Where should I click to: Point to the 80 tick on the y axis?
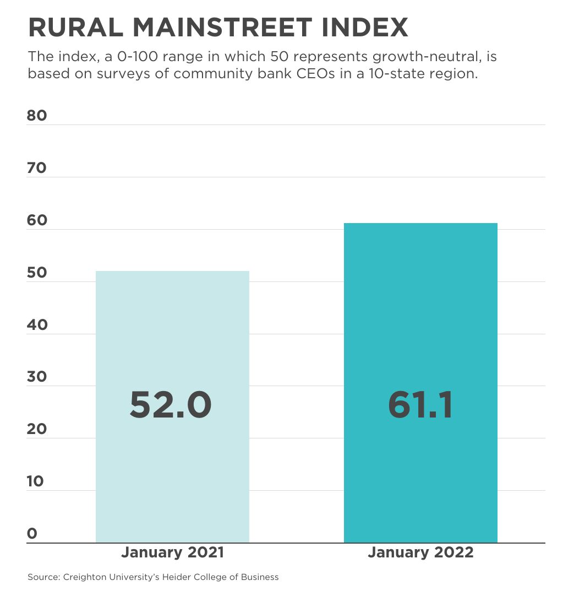37,116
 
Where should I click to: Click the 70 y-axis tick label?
37,168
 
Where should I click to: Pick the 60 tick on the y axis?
37,220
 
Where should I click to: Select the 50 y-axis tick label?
37,273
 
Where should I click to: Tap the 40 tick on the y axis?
37,325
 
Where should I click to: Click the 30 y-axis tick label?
37,377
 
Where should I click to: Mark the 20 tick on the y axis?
37,429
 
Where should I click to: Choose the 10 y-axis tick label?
36,481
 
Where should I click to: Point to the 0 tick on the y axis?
32,533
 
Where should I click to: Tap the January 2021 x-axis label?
172,552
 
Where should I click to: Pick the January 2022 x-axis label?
420,552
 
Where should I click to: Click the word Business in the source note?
261,577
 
